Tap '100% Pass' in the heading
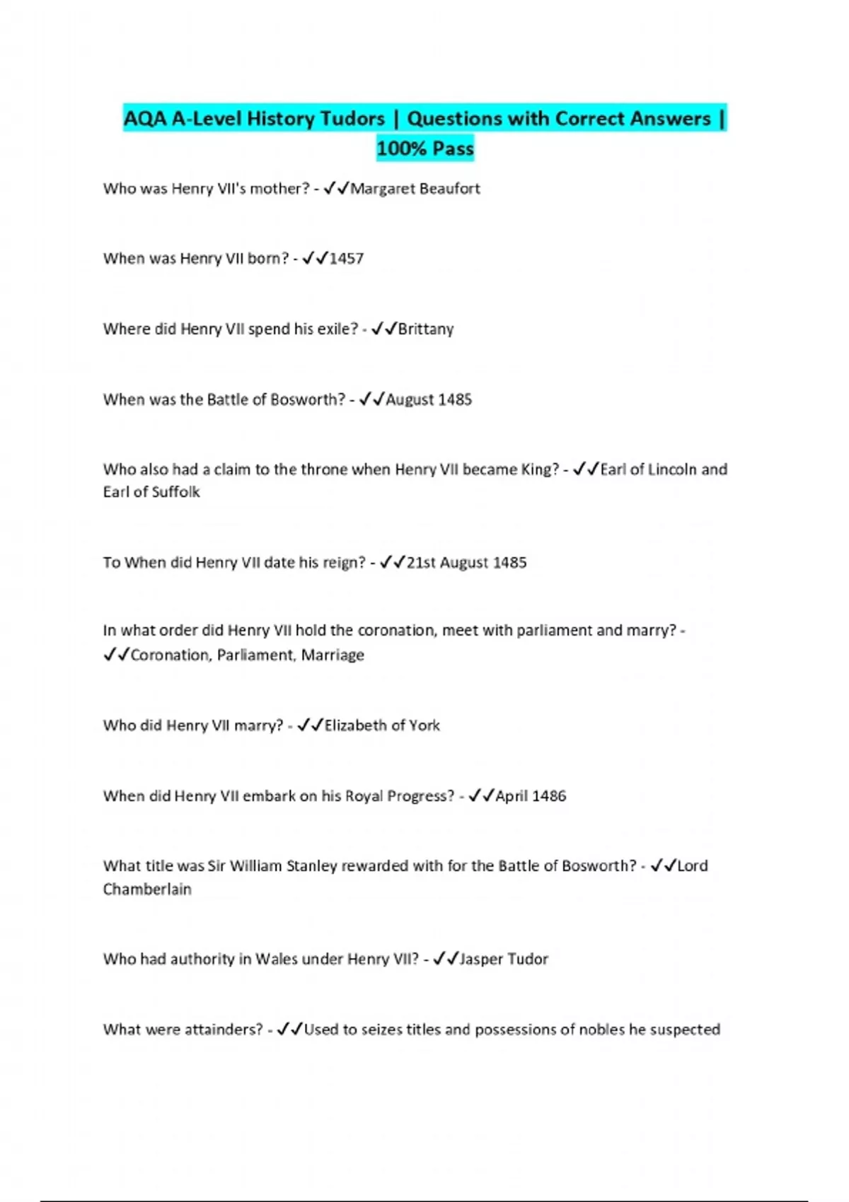point(424,148)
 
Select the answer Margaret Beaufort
point(415,189)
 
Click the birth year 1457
point(347,259)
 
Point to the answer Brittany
point(426,329)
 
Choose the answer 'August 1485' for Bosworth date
point(429,399)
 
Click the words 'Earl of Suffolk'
point(151,492)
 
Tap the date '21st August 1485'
point(467,563)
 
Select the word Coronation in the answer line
point(171,655)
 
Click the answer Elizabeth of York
point(382,725)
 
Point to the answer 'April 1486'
point(531,796)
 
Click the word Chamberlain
point(147,889)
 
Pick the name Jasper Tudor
point(504,959)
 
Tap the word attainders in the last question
point(224,1029)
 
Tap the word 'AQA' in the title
point(145,119)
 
